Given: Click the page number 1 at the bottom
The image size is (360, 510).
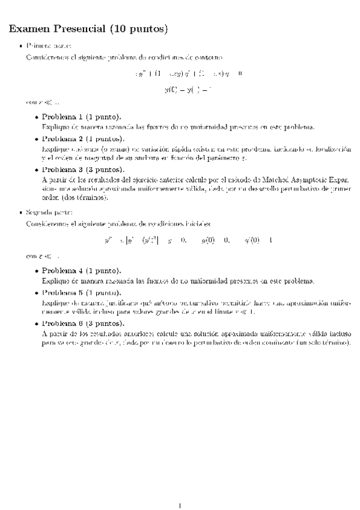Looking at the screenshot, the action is pos(180,488).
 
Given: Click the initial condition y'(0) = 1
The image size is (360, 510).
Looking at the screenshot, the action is pos(259,240).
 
